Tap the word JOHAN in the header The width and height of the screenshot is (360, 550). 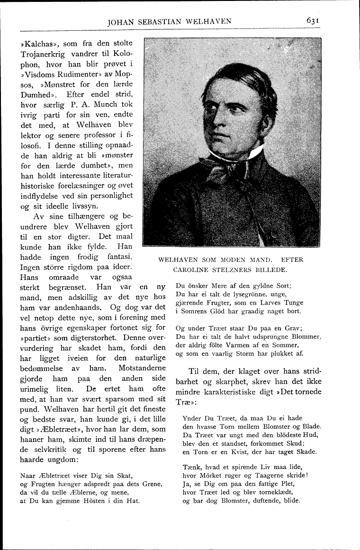click(x=123, y=21)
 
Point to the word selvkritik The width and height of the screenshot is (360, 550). click(x=42, y=449)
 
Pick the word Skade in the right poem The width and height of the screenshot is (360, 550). click(x=306, y=451)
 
